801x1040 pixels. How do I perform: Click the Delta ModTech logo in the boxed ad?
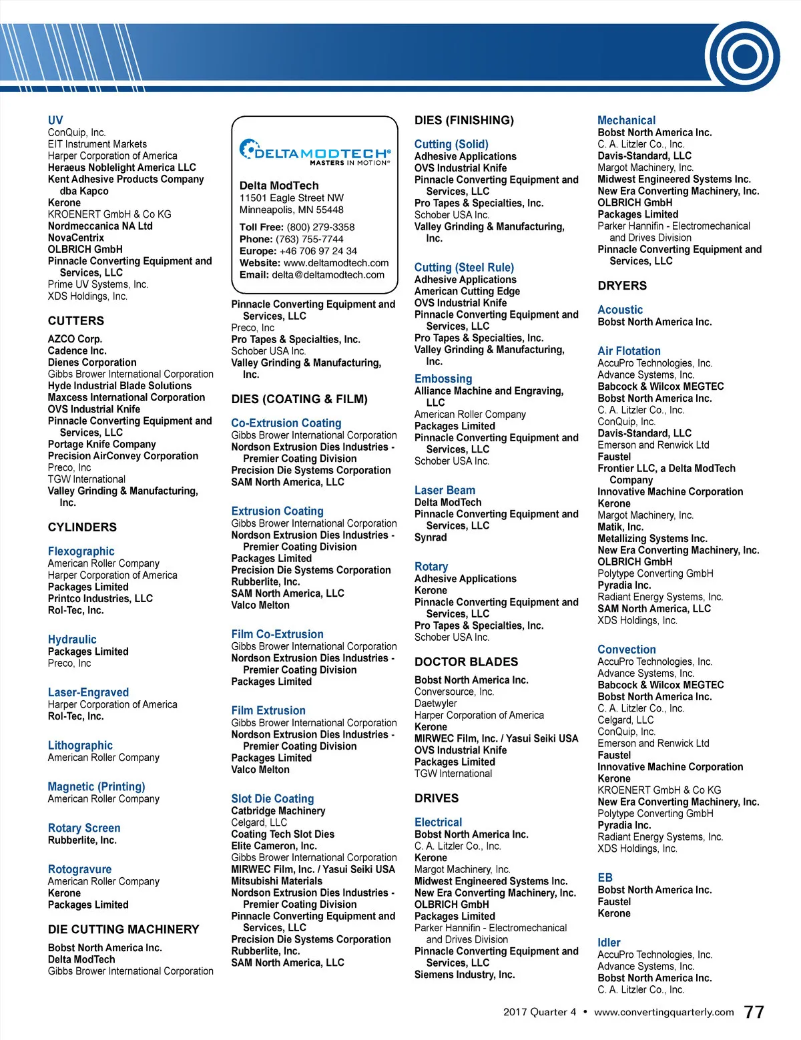[314, 152]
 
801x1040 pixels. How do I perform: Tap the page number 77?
[754, 1012]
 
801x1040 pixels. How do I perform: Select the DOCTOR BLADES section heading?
[466, 662]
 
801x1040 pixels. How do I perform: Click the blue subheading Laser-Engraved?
[88, 692]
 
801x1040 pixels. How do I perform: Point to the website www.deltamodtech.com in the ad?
[336, 263]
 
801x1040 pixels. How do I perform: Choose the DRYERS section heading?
[622, 286]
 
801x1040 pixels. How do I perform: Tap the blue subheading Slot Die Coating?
[272, 798]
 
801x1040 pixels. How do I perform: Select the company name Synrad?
[431, 537]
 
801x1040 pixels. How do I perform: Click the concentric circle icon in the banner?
[744, 56]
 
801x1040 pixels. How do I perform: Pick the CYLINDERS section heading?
[82, 527]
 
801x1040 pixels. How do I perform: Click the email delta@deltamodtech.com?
[328, 275]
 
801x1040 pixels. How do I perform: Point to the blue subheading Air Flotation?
[629, 351]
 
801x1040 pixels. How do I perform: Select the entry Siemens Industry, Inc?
[465, 975]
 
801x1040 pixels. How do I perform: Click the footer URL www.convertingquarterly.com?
[663, 1012]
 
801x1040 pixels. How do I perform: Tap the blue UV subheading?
[55, 120]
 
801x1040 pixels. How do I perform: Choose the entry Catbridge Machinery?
[278, 811]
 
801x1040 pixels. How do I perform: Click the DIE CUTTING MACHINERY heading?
[123, 929]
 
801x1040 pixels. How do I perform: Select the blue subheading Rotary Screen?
[84, 828]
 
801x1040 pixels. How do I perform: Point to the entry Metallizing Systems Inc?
[652, 539]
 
